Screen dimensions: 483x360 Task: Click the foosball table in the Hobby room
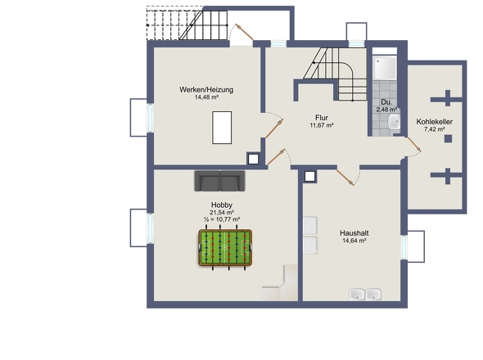click(x=225, y=247)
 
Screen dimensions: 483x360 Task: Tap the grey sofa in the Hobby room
click(x=219, y=181)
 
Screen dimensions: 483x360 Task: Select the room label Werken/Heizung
click(x=206, y=90)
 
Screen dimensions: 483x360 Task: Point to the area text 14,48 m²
click(x=206, y=97)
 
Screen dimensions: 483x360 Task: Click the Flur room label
click(x=322, y=118)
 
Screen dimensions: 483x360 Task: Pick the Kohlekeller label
click(x=435, y=122)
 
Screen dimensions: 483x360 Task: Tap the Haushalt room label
click(x=354, y=233)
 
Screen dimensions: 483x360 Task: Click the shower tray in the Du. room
click(x=385, y=67)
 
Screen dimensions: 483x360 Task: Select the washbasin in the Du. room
click(x=394, y=122)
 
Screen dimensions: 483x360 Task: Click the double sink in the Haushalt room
click(x=365, y=294)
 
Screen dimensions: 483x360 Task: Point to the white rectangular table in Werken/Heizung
click(x=222, y=128)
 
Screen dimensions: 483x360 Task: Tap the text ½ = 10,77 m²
click(x=222, y=219)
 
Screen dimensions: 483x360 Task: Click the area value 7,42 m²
click(x=435, y=129)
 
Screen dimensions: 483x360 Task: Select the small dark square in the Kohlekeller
click(x=448, y=138)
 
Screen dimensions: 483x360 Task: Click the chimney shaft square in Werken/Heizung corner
click(x=253, y=159)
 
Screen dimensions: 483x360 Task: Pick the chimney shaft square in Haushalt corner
click(x=309, y=177)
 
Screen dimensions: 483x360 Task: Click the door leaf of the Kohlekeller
click(x=414, y=145)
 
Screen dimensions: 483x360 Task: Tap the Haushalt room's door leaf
click(x=345, y=178)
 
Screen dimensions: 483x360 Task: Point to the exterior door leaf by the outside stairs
click(x=244, y=32)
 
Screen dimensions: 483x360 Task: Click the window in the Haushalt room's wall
click(x=404, y=247)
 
